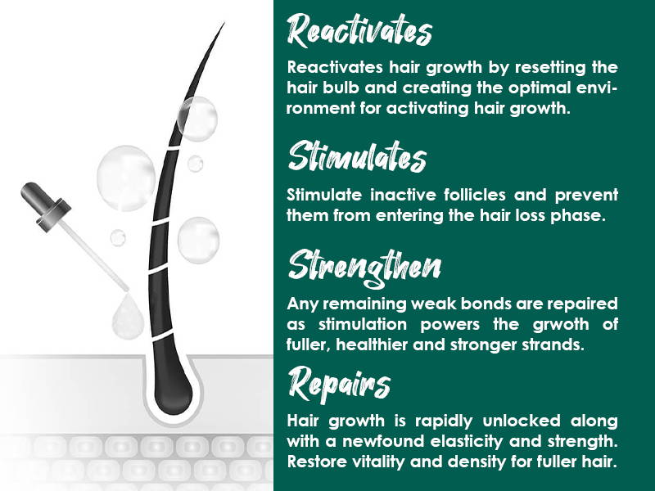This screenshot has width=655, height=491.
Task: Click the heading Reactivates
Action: coord(359,30)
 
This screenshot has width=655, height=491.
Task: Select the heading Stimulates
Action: coord(357,156)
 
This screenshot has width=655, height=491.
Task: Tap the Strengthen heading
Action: coord(364,268)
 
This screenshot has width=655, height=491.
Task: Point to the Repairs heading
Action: coord(339,384)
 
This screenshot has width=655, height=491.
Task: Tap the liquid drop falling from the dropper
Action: coord(128,316)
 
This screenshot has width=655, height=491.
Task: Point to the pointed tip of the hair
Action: coord(224,24)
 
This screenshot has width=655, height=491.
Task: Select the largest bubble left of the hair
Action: coord(126,178)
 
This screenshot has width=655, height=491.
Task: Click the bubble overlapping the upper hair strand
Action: coord(197,119)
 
